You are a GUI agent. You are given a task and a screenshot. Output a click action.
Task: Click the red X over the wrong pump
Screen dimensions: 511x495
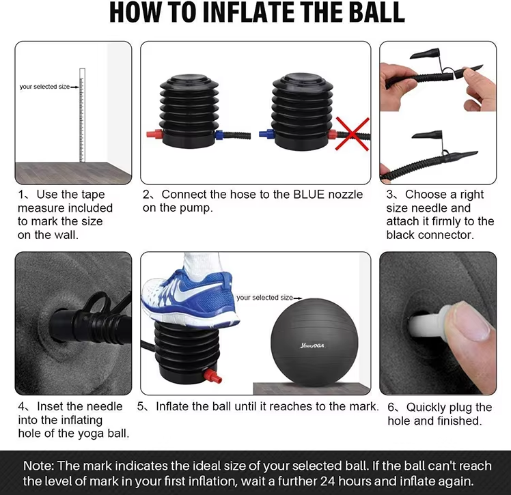(353, 134)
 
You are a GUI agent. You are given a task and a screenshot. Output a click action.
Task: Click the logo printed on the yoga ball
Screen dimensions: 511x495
(312, 345)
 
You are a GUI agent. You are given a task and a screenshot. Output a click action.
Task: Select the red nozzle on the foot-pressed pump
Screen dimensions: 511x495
(212, 376)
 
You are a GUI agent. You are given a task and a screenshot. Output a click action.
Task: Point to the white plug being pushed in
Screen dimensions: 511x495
(430, 323)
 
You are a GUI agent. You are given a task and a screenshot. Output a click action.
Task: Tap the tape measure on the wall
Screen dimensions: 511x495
(82, 115)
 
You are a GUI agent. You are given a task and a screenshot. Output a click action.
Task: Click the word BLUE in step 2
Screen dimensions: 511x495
(309, 195)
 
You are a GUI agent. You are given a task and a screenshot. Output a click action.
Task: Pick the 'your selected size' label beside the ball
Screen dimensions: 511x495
(264, 298)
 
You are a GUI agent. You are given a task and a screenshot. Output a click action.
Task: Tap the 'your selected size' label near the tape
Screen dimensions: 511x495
(44, 87)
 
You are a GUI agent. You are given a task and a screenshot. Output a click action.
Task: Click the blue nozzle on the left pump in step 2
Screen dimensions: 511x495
(219, 135)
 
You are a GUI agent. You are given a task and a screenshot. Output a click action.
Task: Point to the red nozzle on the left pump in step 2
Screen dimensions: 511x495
(154, 134)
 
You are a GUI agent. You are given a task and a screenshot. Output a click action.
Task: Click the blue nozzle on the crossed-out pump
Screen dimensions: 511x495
(267, 134)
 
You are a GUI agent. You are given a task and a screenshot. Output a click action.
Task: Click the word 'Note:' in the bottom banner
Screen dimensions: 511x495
(38, 466)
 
